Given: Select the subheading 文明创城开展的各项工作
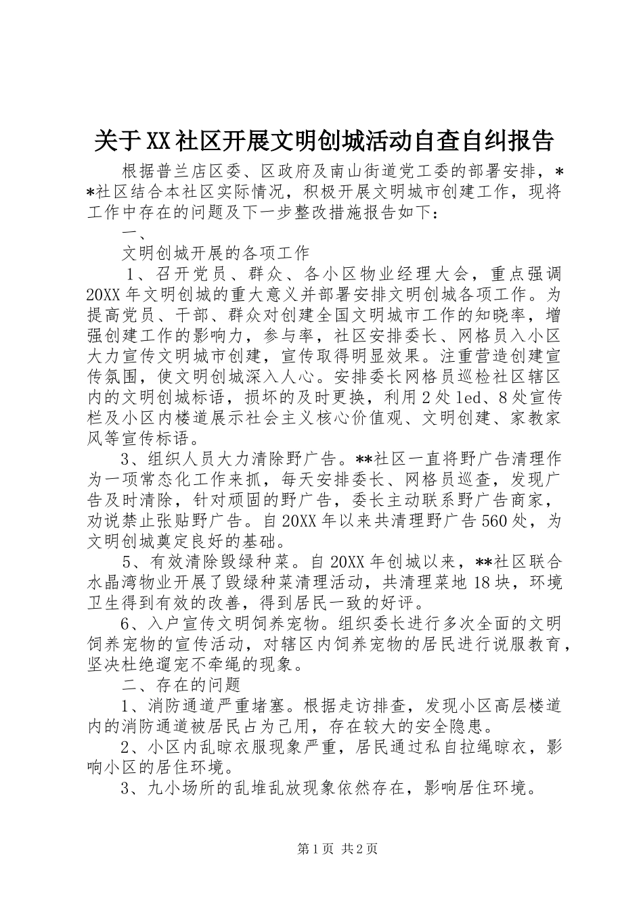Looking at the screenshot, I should point(215,254).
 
